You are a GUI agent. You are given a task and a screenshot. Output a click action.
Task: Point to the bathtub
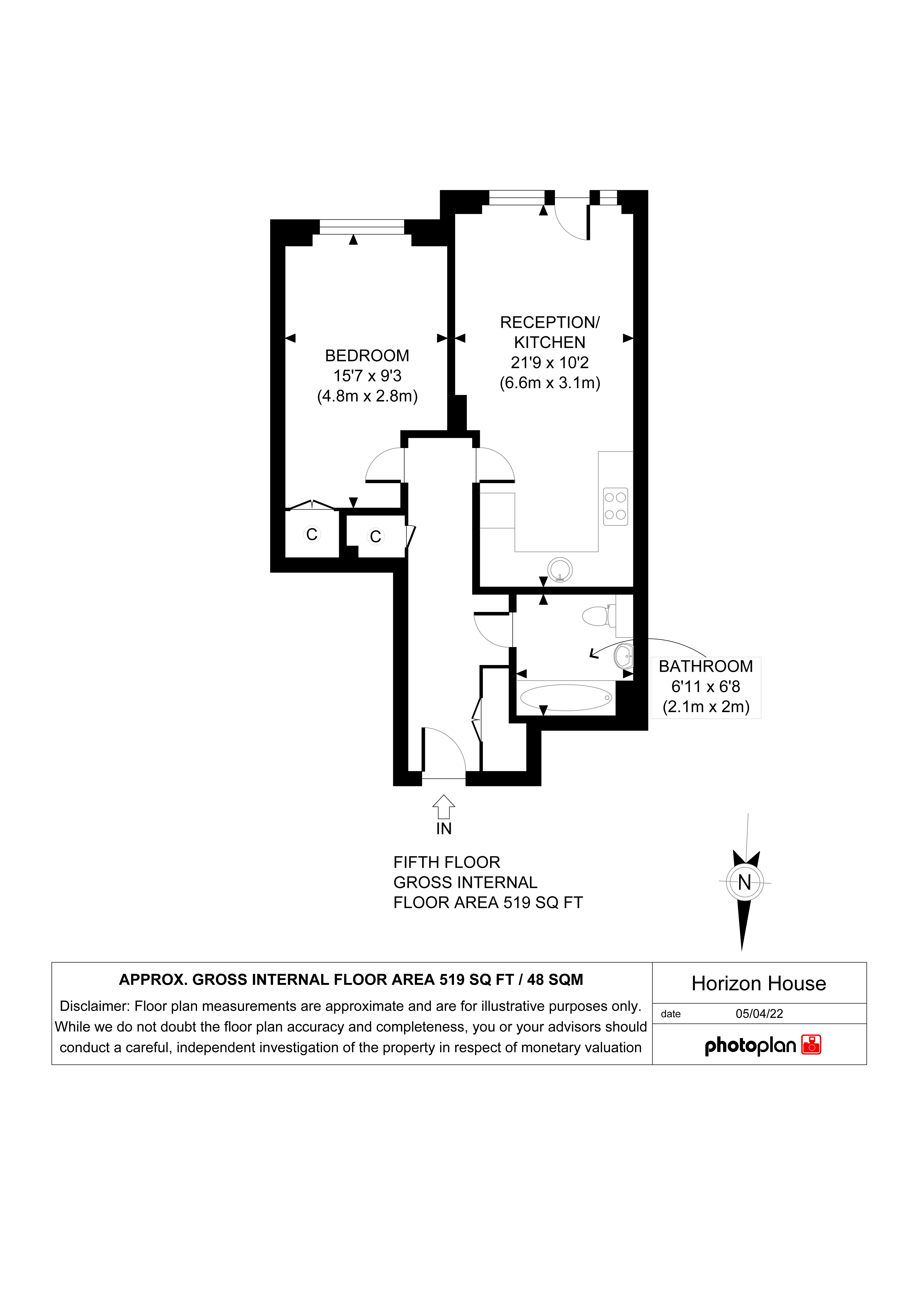coord(566,698)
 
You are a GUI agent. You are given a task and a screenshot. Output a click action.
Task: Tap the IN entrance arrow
coord(444,806)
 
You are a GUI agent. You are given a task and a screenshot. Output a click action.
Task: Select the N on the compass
coord(744,882)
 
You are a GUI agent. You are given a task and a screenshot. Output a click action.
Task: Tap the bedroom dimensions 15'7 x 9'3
coord(367,376)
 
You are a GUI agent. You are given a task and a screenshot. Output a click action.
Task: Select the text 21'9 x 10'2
coord(550,363)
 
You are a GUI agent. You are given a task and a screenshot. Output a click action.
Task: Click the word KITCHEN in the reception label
coord(550,342)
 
